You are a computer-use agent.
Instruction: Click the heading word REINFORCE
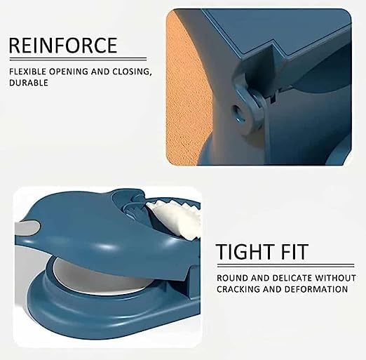63,45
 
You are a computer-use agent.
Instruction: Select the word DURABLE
29,83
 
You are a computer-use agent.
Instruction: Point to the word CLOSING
131,72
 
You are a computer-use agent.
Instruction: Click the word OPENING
69,72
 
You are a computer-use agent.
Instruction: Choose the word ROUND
232,278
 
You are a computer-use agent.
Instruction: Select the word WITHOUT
336,278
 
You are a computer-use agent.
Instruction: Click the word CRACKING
238,289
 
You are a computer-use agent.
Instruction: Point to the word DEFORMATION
317,289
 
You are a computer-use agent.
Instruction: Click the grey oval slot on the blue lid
27,227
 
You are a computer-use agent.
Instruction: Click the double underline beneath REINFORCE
78,59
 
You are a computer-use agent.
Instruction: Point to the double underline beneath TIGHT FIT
285,265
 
